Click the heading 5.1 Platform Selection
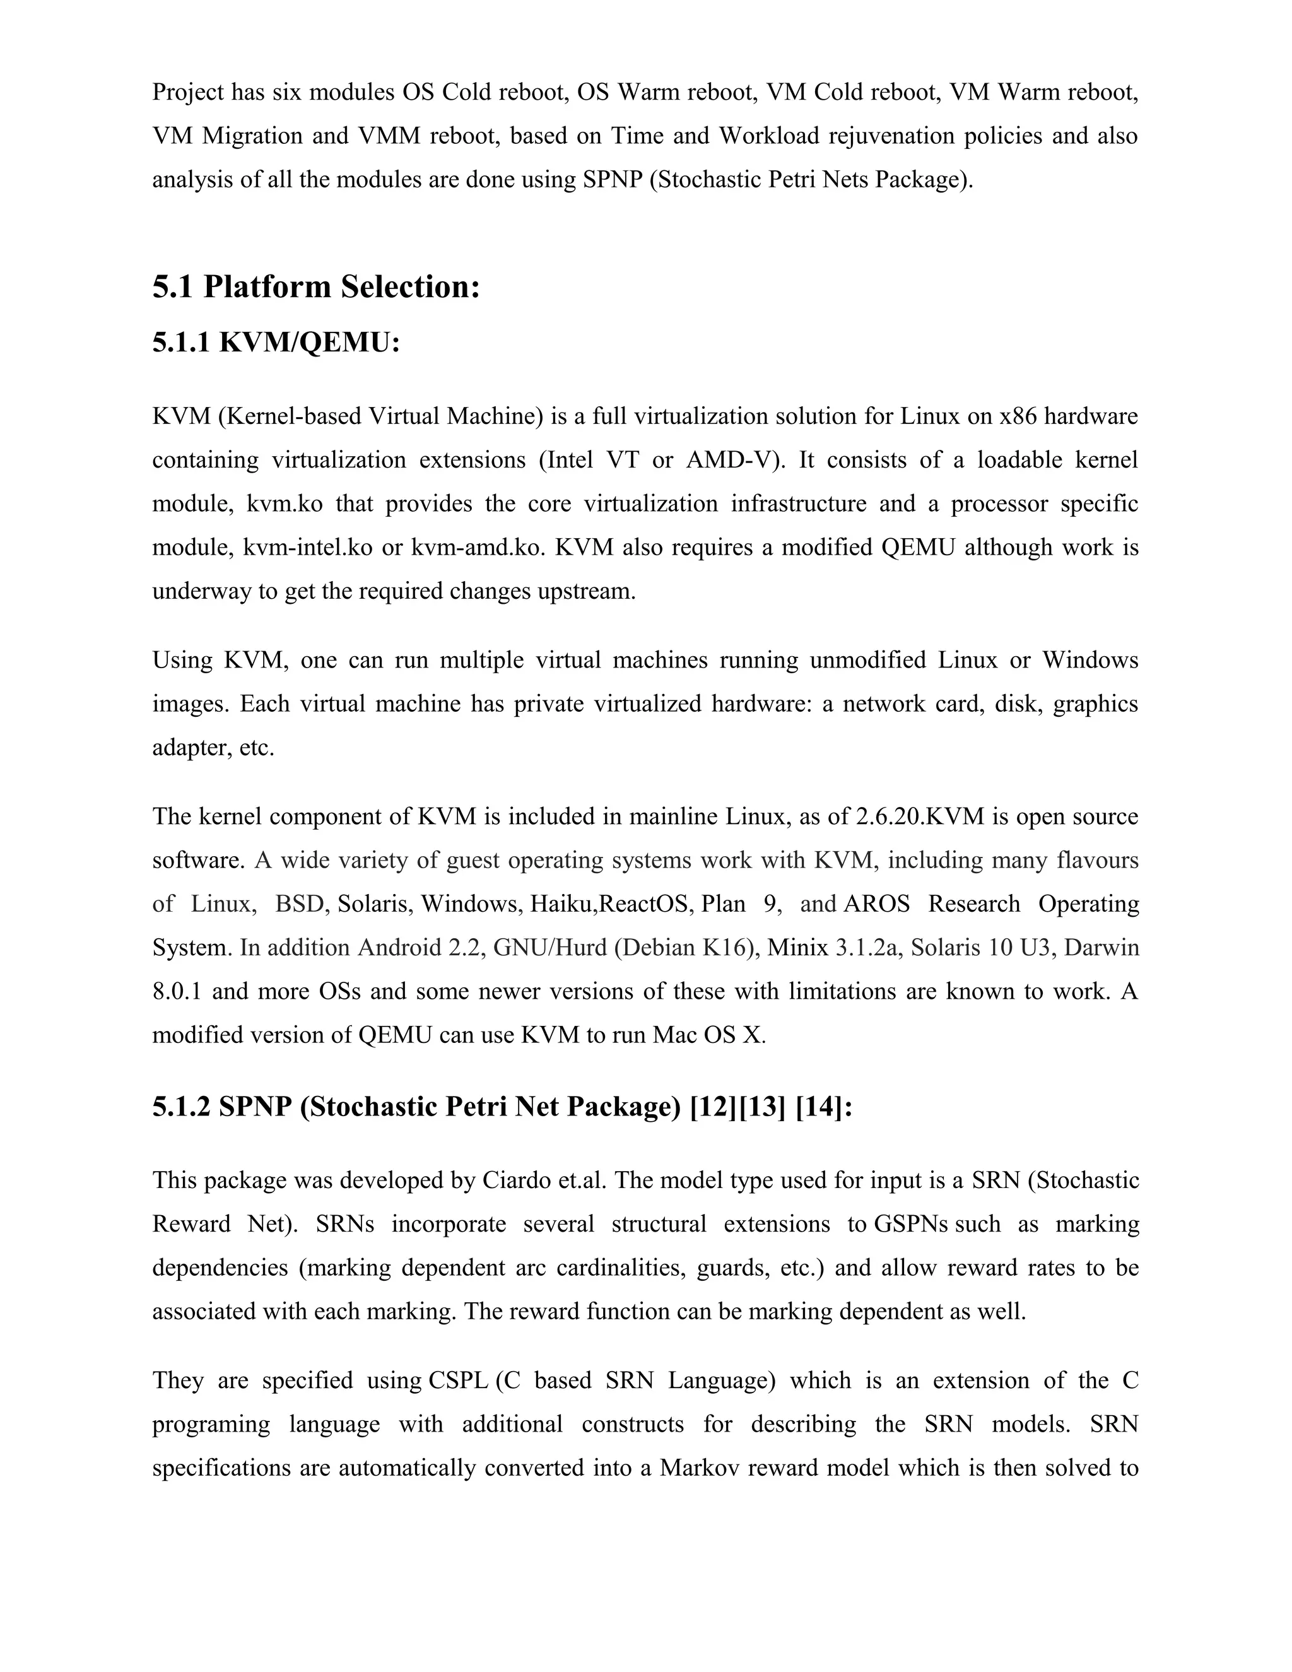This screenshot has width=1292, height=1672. [316, 287]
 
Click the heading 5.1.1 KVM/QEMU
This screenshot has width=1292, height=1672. [276, 342]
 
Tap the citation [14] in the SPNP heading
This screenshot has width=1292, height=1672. [823, 1107]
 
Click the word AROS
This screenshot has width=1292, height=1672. [876, 904]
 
